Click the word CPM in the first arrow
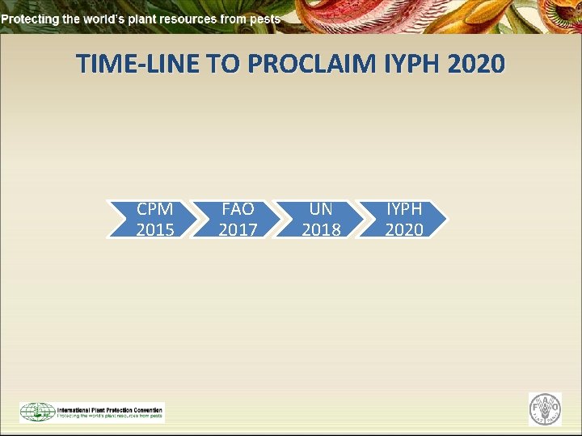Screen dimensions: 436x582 point(154,209)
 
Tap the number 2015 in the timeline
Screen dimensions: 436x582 point(154,229)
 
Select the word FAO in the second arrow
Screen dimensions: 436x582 point(238,209)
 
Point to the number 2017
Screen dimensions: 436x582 point(238,229)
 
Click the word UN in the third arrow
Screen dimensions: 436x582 point(321,209)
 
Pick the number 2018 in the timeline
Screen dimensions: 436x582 point(321,229)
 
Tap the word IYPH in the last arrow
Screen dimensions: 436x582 point(404,209)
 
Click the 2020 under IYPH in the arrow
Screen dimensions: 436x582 point(404,229)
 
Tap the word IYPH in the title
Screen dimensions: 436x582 point(407,63)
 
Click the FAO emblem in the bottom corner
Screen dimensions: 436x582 point(544,409)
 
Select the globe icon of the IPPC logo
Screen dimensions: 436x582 point(36,412)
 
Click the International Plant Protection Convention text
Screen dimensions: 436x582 point(108,409)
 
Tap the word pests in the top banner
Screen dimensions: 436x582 point(265,18)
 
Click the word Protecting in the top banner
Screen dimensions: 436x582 point(28,18)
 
